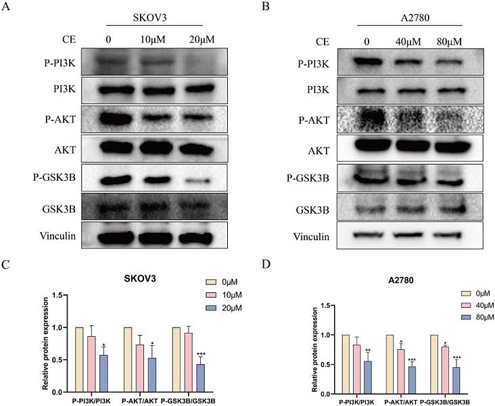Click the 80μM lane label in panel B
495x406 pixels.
point(448,41)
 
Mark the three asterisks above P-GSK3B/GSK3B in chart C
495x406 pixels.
point(200,354)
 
